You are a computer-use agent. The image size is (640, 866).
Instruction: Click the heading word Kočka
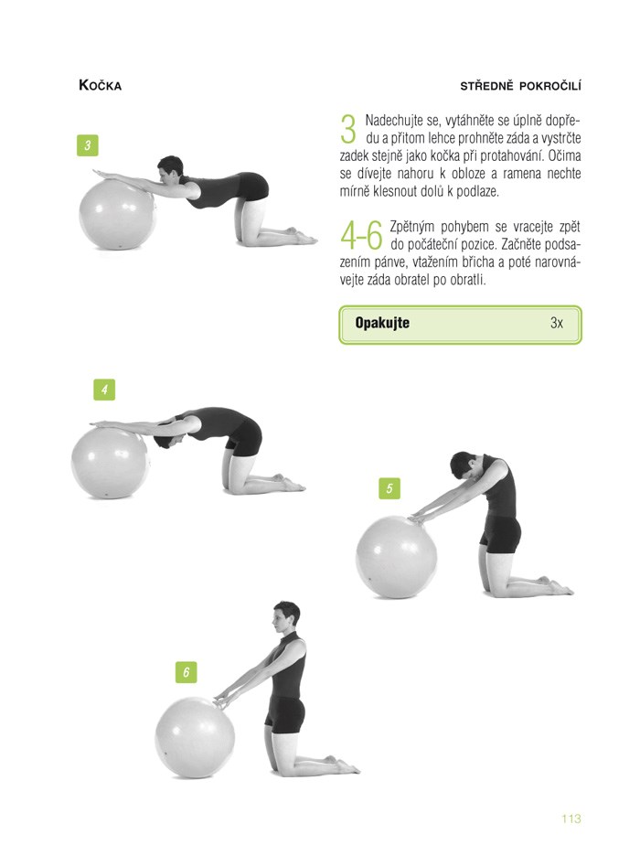point(100,85)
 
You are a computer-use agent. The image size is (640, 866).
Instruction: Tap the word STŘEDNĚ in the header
point(486,86)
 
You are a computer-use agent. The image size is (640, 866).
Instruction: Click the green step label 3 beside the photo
point(87,145)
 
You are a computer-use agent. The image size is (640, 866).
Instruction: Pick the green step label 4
point(104,390)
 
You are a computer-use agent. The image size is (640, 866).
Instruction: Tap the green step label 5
point(389,488)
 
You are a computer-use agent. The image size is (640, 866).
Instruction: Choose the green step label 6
point(187,672)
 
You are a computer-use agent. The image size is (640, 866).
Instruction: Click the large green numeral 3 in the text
point(348,129)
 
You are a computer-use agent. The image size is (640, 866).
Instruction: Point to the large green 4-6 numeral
point(362,236)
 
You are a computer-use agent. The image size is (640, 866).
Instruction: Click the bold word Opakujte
point(382,323)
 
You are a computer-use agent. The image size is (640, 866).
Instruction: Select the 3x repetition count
point(557,323)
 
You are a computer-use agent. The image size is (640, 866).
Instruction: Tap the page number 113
point(571,818)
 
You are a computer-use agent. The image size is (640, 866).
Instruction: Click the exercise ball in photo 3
point(118,213)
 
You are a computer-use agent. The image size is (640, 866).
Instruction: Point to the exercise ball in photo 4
point(111,463)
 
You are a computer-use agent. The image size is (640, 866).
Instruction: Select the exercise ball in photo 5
point(397,557)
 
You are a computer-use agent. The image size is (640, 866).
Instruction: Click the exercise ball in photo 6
point(195,737)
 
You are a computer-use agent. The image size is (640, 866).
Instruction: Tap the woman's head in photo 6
point(286,617)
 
